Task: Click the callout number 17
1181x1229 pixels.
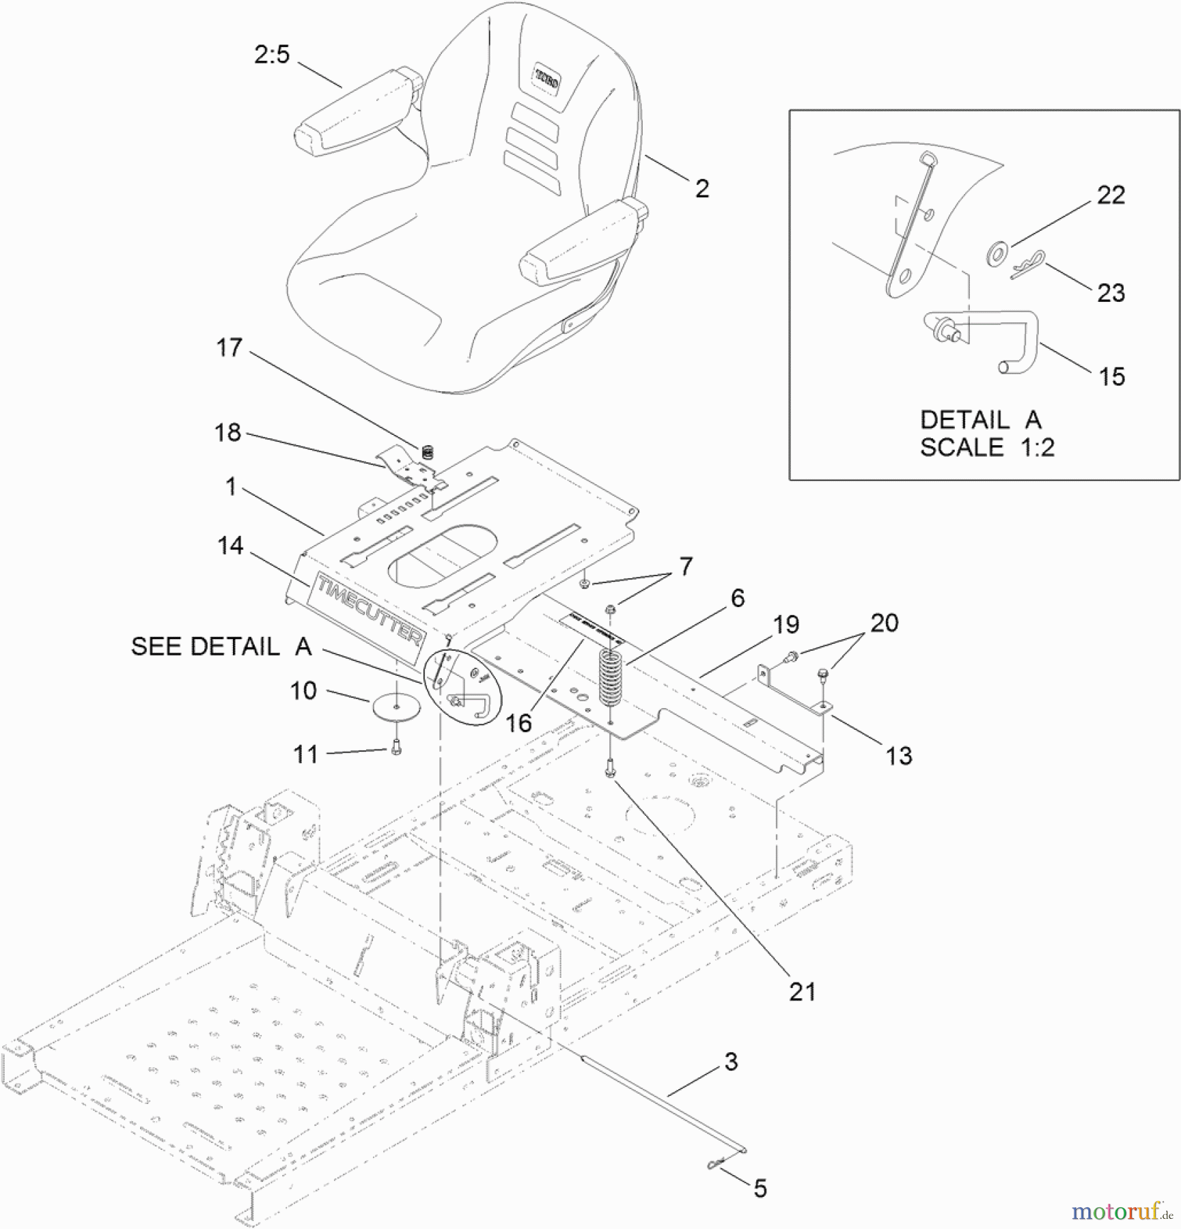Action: (x=230, y=348)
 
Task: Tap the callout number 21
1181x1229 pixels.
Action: (x=803, y=992)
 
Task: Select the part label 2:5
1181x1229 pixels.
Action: (x=272, y=55)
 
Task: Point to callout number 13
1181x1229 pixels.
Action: (x=899, y=756)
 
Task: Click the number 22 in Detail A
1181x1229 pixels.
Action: (x=1111, y=195)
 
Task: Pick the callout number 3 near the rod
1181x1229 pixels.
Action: (x=731, y=1062)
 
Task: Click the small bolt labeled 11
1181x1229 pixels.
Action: (x=398, y=749)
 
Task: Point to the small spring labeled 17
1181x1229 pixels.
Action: (x=428, y=451)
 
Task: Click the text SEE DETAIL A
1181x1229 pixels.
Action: (x=221, y=647)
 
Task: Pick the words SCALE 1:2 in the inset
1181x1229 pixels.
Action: (x=987, y=448)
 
